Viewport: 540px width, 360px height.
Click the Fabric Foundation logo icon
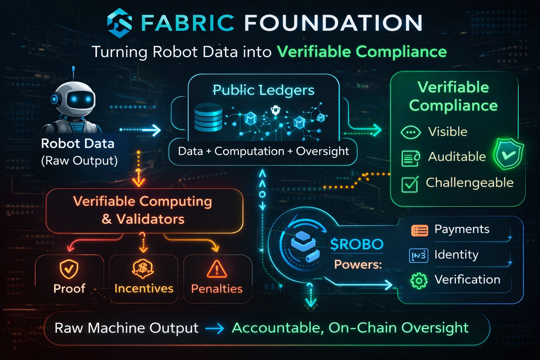click(120, 23)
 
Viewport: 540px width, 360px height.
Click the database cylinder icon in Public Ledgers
click(208, 117)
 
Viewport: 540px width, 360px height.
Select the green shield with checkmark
click(508, 154)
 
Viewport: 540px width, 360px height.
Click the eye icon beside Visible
click(411, 133)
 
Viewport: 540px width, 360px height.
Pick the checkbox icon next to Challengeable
click(410, 184)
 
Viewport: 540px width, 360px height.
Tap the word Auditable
click(457, 156)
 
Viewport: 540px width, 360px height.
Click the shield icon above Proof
click(69, 269)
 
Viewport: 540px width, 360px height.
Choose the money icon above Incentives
click(143, 269)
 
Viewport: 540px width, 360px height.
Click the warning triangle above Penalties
click(217, 269)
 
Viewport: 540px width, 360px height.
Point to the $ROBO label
click(356, 244)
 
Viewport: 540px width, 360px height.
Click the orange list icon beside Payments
click(419, 230)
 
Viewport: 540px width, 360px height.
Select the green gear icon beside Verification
click(419, 281)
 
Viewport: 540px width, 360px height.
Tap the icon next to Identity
click(419, 256)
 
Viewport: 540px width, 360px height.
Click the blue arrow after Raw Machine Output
click(214, 329)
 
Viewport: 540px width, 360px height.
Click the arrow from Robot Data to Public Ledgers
click(141, 130)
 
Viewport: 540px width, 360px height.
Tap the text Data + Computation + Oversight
click(263, 151)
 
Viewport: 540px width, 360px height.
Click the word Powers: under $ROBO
click(358, 264)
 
